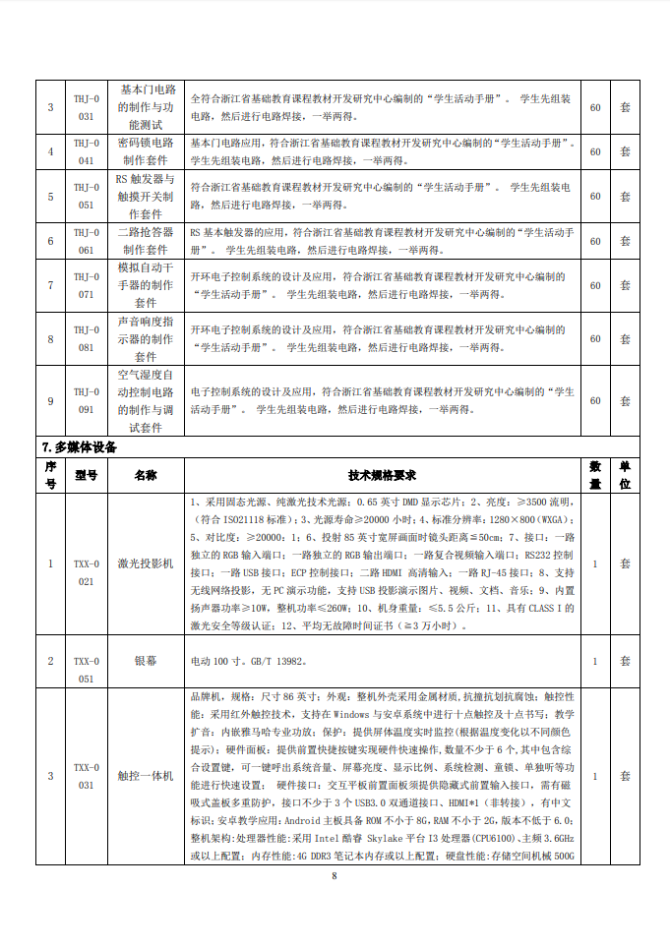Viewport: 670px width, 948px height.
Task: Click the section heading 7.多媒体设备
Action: pyautogui.click(x=80, y=447)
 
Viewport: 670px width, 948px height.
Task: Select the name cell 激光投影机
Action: pyautogui.click(x=146, y=563)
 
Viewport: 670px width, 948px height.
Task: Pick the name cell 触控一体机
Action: pyautogui.click(x=146, y=776)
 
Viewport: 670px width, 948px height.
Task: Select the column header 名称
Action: pyautogui.click(x=146, y=474)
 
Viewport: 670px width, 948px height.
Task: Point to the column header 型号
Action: pyautogui.click(x=87, y=474)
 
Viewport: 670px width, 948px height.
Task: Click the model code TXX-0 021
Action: pyautogui.click(x=87, y=572)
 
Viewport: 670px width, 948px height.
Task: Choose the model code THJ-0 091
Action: pyautogui.click(x=87, y=400)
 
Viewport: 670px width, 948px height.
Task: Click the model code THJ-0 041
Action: pyautogui.click(x=87, y=151)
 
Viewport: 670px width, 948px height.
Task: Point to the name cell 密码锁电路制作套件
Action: pyautogui.click(x=146, y=151)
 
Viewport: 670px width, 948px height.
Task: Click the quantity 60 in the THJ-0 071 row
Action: pyautogui.click(x=595, y=286)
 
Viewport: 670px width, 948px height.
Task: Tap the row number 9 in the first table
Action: pyautogui.click(x=50, y=400)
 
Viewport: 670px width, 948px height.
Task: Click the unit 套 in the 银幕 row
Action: pyautogui.click(x=625, y=662)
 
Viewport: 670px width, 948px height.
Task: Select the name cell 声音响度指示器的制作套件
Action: pyautogui.click(x=146, y=339)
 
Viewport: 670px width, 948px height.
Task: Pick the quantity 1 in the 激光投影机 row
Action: pyautogui.click(x=595, y=563)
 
